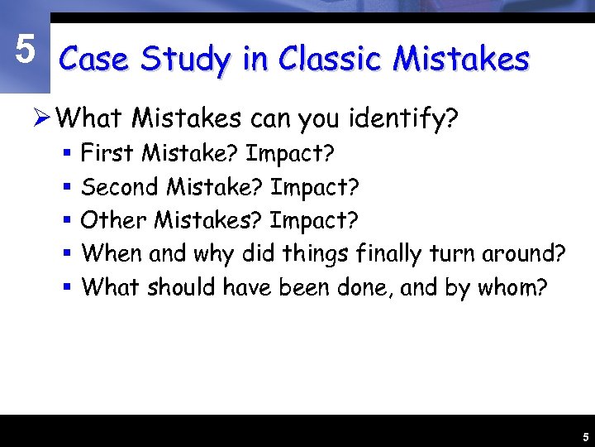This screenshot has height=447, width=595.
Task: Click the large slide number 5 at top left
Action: tap(25, 50)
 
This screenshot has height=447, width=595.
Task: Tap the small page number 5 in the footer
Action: tap(584, 436)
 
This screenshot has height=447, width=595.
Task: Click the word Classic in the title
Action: tap(331, 60)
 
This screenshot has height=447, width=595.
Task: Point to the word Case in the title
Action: tap(96, 60)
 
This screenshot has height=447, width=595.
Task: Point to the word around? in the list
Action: tap(522, 253)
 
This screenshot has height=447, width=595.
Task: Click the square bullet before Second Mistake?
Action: tap(68, 188)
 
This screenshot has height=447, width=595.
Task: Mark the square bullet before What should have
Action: tap(68, 288)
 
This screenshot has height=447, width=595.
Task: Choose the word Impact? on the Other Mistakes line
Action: tap(315, 220)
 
